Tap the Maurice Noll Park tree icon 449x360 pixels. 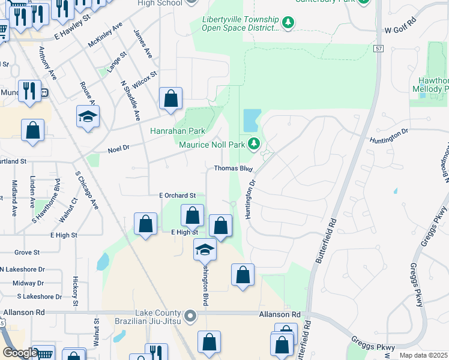255,143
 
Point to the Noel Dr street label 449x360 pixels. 119,149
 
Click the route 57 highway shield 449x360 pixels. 378,49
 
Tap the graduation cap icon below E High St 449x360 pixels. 205,249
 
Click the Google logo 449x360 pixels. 20,353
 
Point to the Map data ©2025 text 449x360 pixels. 423,355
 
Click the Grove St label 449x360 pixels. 27,253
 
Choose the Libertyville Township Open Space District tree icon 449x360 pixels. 289,23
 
